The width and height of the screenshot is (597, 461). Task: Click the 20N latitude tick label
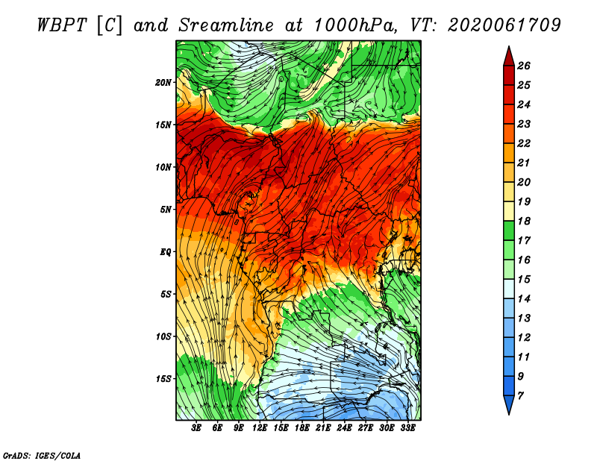[163, 83]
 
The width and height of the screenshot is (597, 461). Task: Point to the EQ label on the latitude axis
[165, 252]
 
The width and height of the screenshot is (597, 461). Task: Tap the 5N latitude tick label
[165, 210]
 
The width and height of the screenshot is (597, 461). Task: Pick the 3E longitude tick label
[196, 428]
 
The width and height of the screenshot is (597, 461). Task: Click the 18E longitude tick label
[302, 428]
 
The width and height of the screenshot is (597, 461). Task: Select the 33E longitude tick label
[407, 428]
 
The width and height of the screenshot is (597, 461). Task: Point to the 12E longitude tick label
[260, 428]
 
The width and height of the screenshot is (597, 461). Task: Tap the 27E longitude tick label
[366, 428]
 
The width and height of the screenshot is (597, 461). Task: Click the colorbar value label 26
[524, 66]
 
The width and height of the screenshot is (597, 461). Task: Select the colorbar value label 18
[524, 221]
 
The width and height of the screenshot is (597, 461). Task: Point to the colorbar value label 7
[520, 396]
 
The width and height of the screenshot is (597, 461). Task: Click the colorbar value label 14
[524, 299]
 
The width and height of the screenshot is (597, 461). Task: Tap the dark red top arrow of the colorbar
[509, 57]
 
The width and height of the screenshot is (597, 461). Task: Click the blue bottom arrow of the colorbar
[509, 405]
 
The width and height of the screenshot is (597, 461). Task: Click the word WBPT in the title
[62, 25]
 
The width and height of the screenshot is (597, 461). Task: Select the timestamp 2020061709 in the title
[504, 25]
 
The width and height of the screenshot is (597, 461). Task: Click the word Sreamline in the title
[226, 25]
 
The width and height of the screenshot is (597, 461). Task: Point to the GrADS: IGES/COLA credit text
[42, 456]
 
